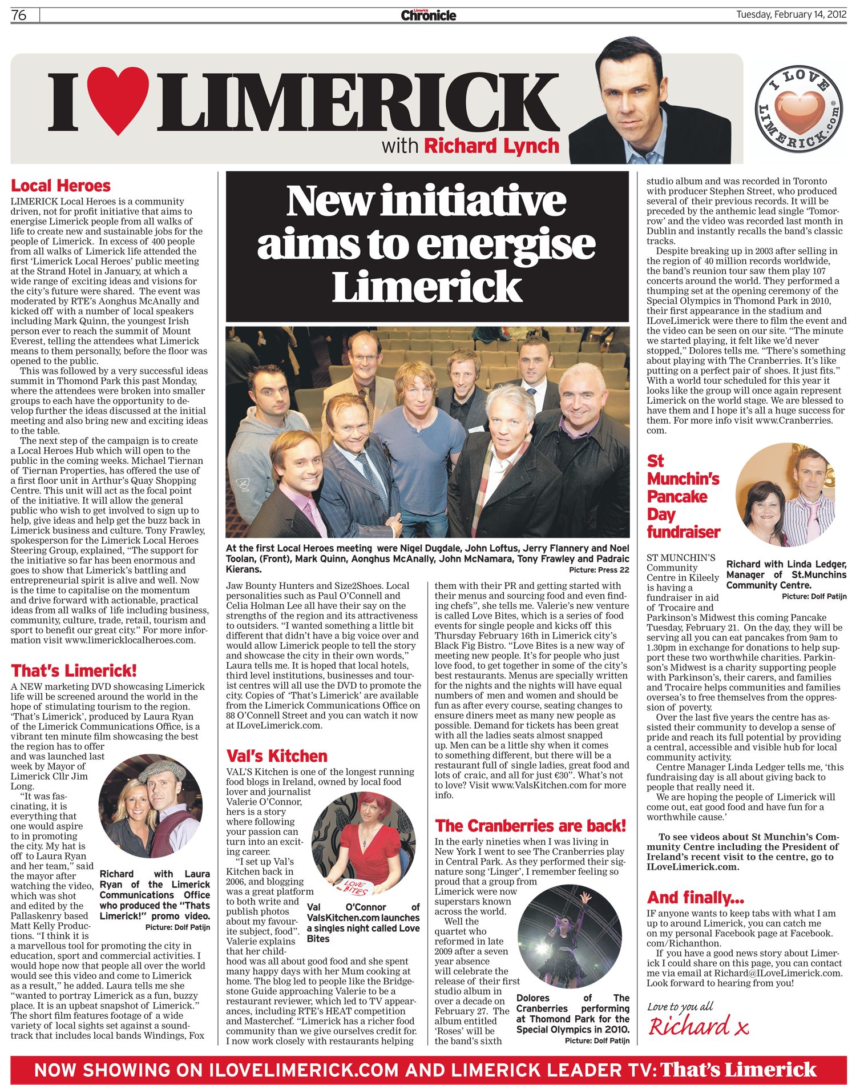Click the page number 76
click(19, 15)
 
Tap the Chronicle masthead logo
click(428, 15)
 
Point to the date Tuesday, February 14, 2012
click(791, 14)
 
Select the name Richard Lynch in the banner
click(491, 146)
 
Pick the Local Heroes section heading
click(60, 186)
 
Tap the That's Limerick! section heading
click(74, 670)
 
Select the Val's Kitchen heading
click(277, 756)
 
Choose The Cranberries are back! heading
click(530, 826)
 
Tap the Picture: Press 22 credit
click(599, 570)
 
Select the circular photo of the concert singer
click(569, 936)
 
